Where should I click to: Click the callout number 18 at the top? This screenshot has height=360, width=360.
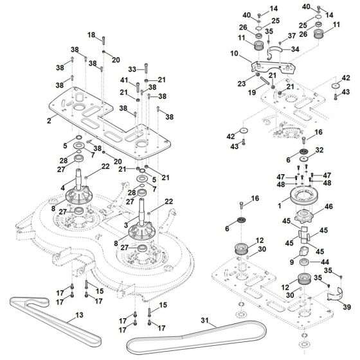point(91,35)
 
